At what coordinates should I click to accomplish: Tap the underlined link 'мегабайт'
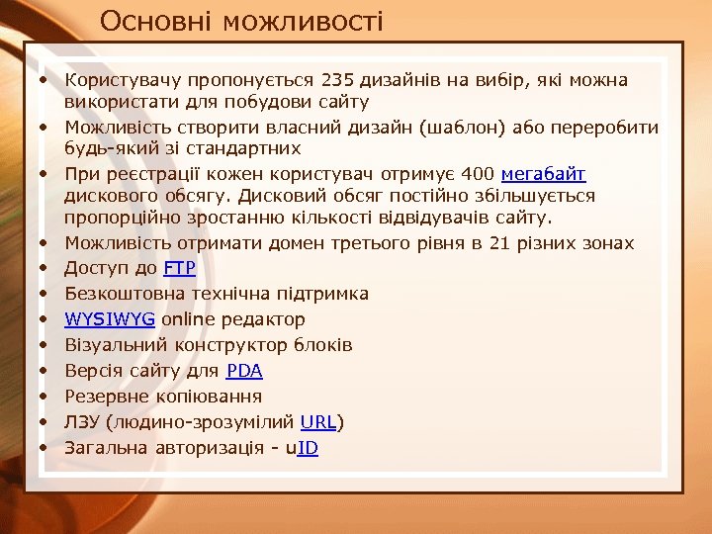(x=544, y=174)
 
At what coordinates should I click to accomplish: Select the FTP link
(x=179, y=268)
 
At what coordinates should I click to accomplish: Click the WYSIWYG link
(x=109, y=319)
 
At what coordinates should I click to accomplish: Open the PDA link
(x=244, y=371)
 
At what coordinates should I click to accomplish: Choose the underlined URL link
(x=318, y=422)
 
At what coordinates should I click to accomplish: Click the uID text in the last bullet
(x=301, y=448)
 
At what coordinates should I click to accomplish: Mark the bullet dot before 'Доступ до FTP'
(x=45, y=268)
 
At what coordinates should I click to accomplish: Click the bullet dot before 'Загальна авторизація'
(x=45, y=448)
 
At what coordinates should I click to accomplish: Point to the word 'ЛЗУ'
(x=83, y=422)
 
